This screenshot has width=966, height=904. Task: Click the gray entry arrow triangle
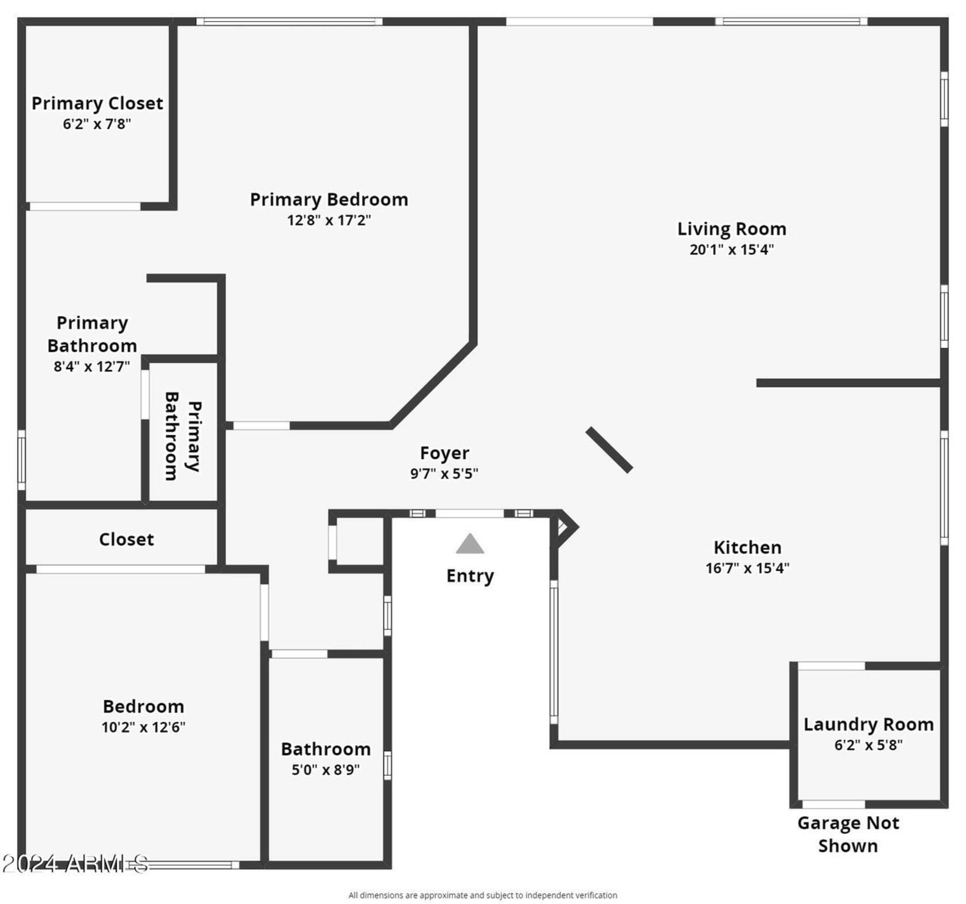(x=470, y=544)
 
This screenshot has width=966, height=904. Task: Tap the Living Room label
(x=731, y=229)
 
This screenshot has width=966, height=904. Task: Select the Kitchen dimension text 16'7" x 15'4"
(x=747, y=568)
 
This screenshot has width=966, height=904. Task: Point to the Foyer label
(x=444, y=453)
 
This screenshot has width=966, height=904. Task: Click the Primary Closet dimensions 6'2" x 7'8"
(x=97, y=124)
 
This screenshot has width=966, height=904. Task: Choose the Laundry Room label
(x=868, y=725)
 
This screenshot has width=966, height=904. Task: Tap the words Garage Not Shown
(x=848, y=835)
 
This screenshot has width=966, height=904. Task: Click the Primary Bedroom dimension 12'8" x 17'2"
(x=329, y=220)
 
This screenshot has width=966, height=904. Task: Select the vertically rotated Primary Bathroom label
(x=182, y=436)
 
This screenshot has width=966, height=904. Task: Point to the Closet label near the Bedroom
(x=126, y=539)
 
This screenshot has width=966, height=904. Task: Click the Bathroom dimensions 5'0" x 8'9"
(x=325, y=770)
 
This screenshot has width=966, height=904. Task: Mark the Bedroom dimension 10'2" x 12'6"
(x=143, y=727)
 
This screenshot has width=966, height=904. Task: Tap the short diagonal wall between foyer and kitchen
(x=609, y=450)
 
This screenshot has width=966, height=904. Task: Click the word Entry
(x=470, y=576)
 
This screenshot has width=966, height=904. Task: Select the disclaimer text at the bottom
(x=482, y=895)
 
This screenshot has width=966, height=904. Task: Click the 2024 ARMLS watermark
(x=75, y=864)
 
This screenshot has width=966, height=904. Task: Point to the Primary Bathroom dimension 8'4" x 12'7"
(x=92, y=366)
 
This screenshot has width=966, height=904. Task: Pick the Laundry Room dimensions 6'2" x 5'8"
(x=868, y=745)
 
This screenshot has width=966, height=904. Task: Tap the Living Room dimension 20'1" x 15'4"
(x=731, y=250)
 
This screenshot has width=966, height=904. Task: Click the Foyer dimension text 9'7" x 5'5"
(x=444, y=474)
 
